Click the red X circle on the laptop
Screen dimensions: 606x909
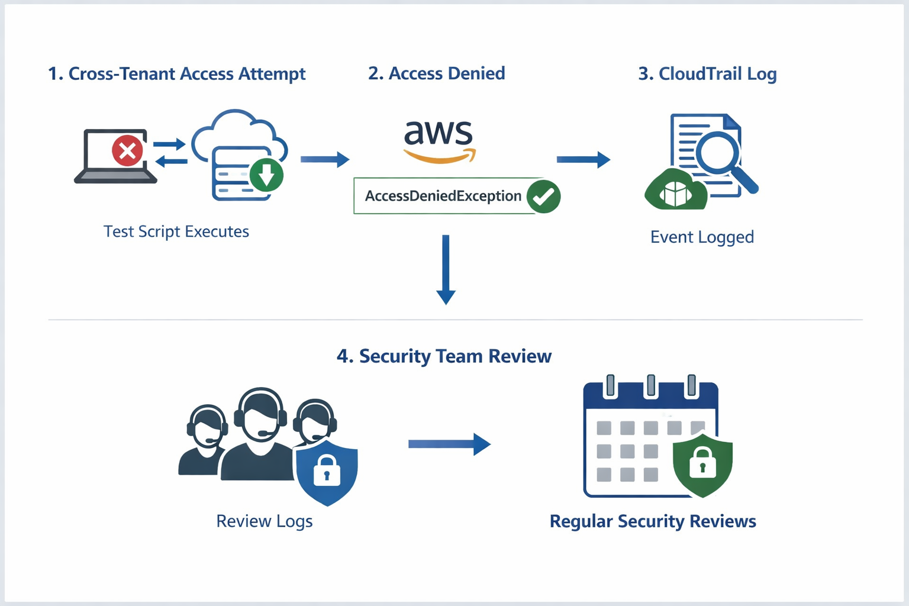coord(127,151)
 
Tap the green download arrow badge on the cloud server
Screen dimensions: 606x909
coord(266,175)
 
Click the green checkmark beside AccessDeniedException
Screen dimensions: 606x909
coord(543,196)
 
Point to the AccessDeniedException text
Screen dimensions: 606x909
coord(443,196)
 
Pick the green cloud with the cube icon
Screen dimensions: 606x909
coord(675,191)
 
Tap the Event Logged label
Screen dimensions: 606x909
coord(702,237)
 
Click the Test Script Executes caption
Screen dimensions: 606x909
coord(176,231)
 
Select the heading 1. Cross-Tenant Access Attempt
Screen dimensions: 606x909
coord(176,74)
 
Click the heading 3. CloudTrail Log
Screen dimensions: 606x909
coord(707,74)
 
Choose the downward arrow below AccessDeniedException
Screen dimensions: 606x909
coord(446,269)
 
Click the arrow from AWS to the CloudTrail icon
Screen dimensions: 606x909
coord(583,159)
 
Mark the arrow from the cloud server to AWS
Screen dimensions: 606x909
coord(325,159)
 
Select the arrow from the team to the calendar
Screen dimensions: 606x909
coord(449,444)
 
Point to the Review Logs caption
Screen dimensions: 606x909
coord(264,521)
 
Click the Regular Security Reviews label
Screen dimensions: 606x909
coord(653,521)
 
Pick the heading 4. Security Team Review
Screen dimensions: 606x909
coord(444,356)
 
